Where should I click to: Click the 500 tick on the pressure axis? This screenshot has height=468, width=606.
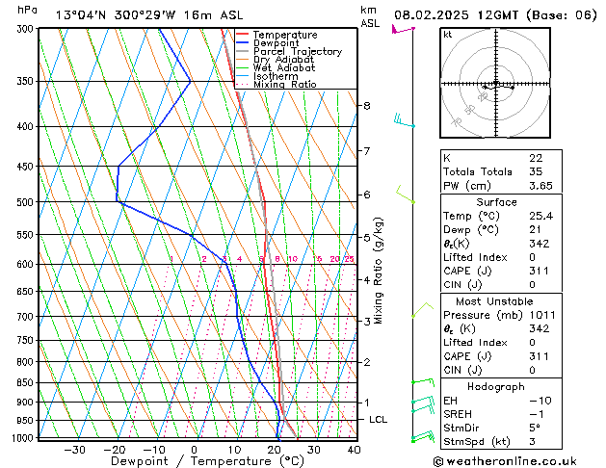25,202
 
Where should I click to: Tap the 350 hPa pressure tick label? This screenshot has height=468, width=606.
25,81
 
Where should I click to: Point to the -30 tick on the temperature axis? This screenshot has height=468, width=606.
74,449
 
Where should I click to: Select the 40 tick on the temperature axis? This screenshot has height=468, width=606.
354,449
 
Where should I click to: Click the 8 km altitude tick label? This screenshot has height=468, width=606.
367,105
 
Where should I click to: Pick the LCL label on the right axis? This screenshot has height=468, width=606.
379,420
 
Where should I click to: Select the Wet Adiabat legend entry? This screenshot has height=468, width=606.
284,68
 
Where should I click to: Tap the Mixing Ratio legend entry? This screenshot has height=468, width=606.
285,85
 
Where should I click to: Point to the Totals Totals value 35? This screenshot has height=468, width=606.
535,171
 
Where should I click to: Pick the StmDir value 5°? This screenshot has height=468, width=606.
535,429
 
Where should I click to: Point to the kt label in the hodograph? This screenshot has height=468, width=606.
448,34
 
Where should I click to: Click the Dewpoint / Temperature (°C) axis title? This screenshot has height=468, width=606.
194,461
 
